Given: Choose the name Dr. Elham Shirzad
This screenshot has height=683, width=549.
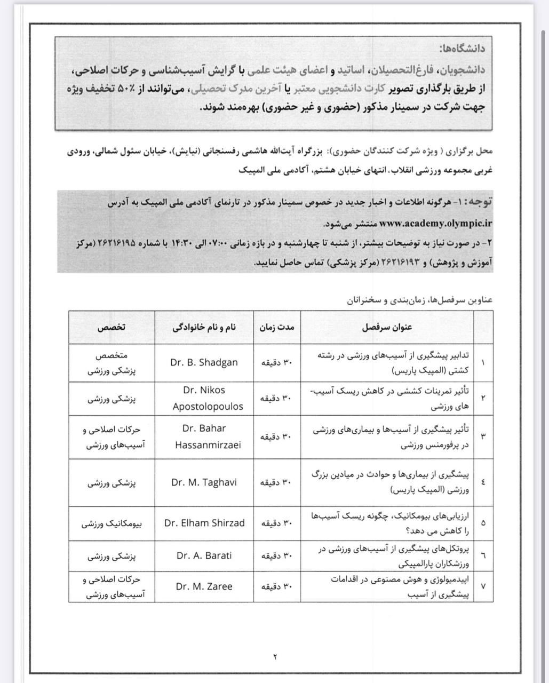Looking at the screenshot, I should pyautogui.click(x=204, y=523).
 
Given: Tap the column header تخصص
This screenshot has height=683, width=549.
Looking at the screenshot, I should pyautogui.click(x=111, y=328).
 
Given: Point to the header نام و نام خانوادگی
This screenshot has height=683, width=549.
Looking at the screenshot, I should pyautogui.click(x=204, y=328).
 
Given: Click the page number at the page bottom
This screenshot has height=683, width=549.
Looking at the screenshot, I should pyautogui.click(x=275, y=656).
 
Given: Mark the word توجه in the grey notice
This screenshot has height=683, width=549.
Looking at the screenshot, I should pyautogui.click(x=476, y=203).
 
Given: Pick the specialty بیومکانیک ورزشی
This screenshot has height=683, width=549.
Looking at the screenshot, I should pyautogui.click(x=111, y=523).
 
